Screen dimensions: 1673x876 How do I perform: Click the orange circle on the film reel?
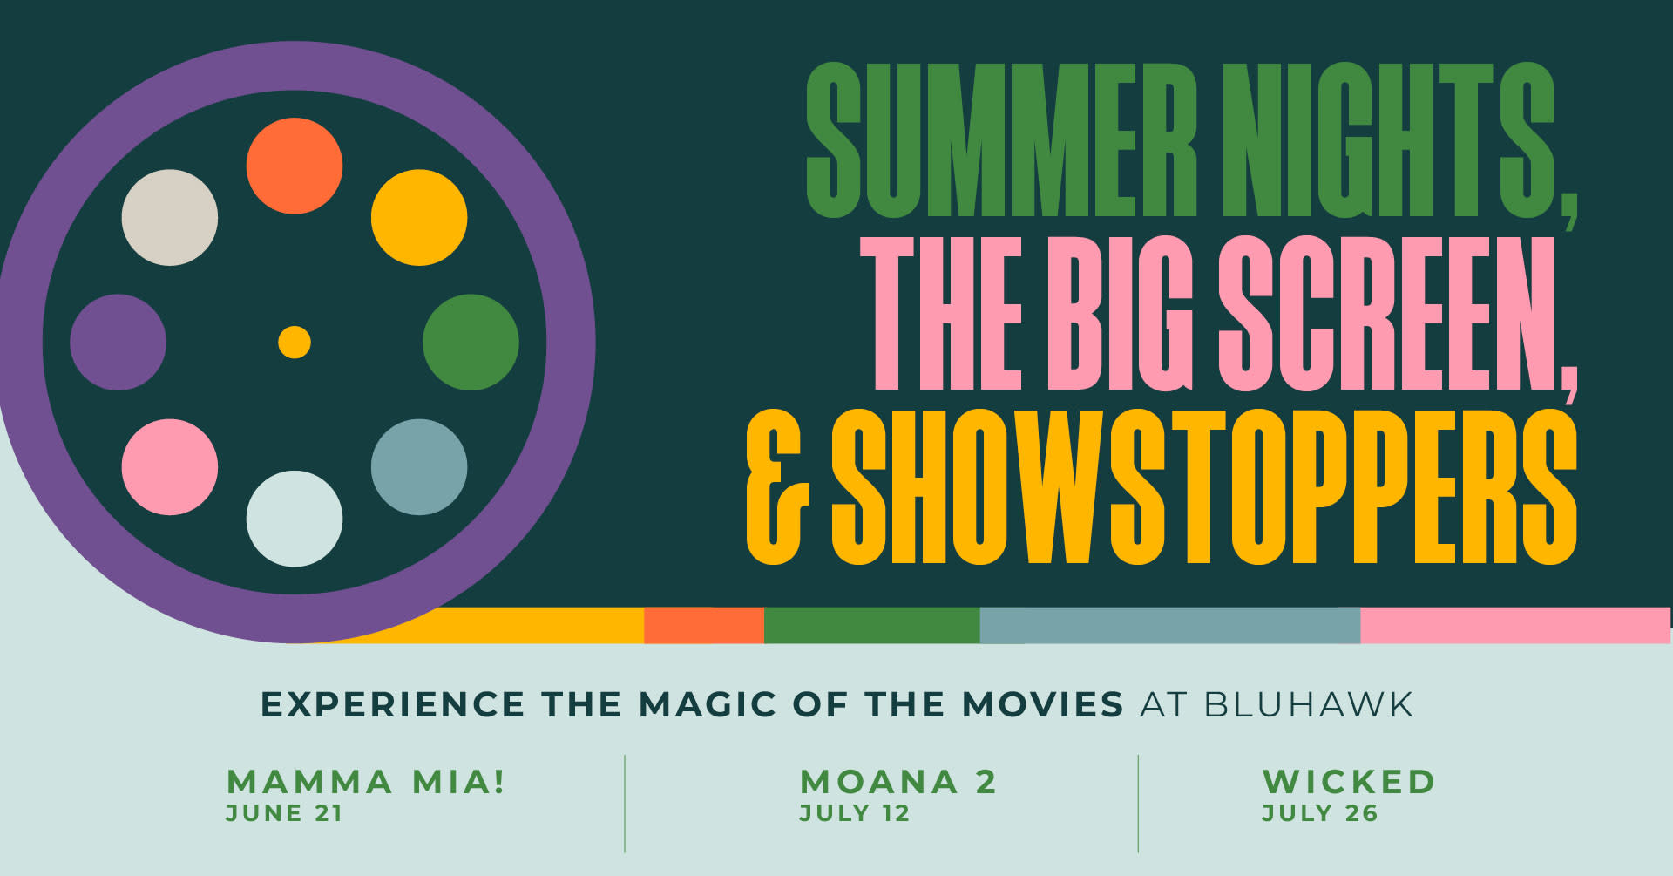pos(295,166)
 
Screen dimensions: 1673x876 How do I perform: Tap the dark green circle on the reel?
pos(471,343)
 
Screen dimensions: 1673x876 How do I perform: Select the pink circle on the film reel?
pos(170,467)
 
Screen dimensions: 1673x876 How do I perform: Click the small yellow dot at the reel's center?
pos(295,343)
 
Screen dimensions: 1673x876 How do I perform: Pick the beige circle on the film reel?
pos(170,217)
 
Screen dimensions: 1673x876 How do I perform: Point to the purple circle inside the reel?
pos(118,343)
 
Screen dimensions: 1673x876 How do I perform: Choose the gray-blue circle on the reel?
pos(419,467)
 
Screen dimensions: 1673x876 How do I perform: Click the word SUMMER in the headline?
pos(1002,139)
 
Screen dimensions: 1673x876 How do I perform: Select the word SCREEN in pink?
pos(1399,314)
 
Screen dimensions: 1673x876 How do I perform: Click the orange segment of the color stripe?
pos(704,626)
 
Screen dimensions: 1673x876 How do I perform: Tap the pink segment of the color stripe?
pos(1515,626)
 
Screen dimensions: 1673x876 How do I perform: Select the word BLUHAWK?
pos(1309,704)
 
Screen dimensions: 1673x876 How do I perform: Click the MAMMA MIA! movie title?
pos(366,782)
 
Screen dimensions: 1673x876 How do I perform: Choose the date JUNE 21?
pos(284,813)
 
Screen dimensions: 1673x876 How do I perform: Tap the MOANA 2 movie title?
pos(898,782)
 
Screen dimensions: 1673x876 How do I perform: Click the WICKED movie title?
pos(1349,782)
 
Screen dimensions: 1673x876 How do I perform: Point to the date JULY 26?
pos(1320,813)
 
